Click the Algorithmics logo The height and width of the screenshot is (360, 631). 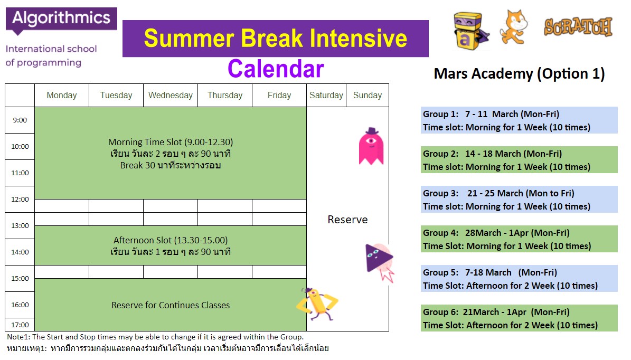(x=61, y=21)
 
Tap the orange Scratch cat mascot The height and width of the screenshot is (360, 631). (x=513, y=27)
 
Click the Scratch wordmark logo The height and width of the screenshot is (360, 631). (x=578, y=27)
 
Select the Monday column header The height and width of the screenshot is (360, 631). (x=62, y=96)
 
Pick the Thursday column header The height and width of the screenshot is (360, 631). (x=225, y=96)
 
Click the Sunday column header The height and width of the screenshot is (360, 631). (x=368, y=96)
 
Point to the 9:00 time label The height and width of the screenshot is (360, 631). (x=20, y=120)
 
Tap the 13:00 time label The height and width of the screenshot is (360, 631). (x=20, y=225)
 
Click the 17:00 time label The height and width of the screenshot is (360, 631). (x=20, y=325)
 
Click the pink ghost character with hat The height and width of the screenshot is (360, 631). (x=371, y=146)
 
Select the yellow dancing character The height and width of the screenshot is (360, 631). (x=317, y=304)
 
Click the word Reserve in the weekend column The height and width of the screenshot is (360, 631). (x=347, y=220)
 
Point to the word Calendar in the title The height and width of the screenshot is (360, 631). (x=276, y=69)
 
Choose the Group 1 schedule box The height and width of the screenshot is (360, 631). (x=519, y=120)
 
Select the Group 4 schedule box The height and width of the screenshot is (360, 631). (x=519, y=239)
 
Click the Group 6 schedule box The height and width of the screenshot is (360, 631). (x=519, y=318)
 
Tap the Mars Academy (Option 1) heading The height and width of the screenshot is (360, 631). (x=519, y=73)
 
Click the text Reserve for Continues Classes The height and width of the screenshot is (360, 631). (x=171, y=305)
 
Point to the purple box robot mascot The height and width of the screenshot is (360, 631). (x=470, y=31)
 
